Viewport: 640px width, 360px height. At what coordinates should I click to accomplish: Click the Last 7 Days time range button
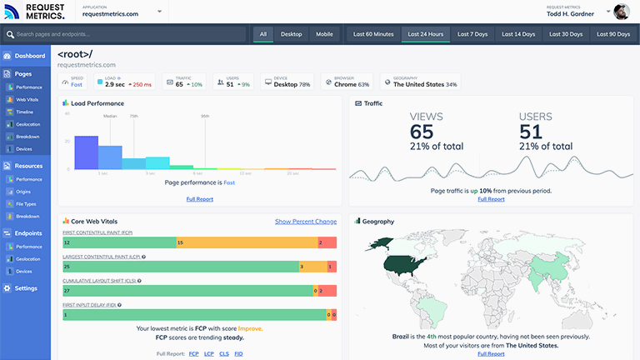tap(472, 34)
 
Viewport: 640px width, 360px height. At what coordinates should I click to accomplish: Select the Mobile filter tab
tap(324, 34)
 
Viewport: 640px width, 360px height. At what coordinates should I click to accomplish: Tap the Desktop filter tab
tap(291, 34)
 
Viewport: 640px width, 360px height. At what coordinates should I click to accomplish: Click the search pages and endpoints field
tap(125, 34)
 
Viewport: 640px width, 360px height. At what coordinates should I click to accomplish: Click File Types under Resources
tap(26, 203)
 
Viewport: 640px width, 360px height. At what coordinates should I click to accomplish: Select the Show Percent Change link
tap(306, 222)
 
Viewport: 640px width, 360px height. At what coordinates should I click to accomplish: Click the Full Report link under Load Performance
tap(200, 199)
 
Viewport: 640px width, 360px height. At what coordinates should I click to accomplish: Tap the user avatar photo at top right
tap(622, 12)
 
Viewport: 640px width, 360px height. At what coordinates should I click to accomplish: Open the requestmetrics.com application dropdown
tap(122, 13)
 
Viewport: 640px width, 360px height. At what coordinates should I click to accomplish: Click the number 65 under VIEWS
tap(422, 132)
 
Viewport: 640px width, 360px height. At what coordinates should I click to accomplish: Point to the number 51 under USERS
tap(531, 132)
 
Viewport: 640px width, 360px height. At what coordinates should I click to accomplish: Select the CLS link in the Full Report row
tap(223, 354)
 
